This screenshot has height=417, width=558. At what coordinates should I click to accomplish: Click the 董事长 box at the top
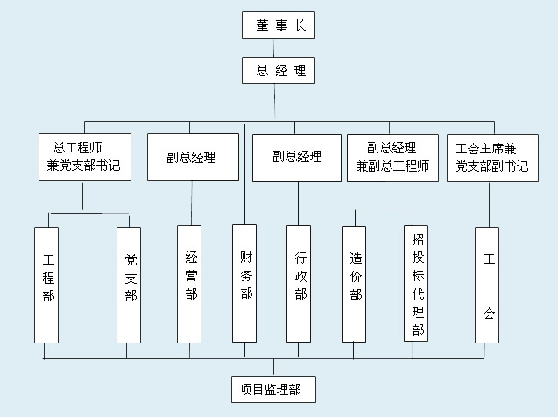click(x=278, y=25)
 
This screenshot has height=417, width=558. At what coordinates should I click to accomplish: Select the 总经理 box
click(x=278, y=71)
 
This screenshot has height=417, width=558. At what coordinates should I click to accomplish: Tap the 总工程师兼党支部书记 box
click(x=85, y=158)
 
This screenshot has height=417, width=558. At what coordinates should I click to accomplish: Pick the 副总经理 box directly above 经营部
click(x=192, y=158)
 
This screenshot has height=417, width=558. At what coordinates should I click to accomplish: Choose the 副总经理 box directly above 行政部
click(x=296, y=158)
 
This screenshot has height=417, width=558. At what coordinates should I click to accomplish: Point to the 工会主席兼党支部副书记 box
click(x=491, y=158)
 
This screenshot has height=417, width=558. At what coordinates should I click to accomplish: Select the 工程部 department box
click(x=46, y=285)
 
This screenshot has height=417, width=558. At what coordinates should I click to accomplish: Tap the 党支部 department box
click(x=129, y=285)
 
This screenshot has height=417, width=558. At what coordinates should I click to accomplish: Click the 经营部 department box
click(x=189, y=285)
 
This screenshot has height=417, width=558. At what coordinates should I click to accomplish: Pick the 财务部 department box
click(x=244, y=282)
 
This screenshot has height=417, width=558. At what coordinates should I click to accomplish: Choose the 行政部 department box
click(x=299, y=285)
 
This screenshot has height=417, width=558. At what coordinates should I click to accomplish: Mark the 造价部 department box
click(x=354, y=285)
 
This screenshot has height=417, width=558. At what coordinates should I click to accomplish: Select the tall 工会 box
click(x=487, y=285)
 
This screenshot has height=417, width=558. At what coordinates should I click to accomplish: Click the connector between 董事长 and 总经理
click(x=278, y=48)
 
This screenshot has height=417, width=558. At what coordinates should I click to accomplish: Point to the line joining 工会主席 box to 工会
click(x=487, y=204)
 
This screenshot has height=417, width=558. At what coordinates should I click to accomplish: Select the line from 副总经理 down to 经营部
click(x=190, y=203)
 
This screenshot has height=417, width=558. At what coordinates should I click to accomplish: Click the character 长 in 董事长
click(x=300, y=25)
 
